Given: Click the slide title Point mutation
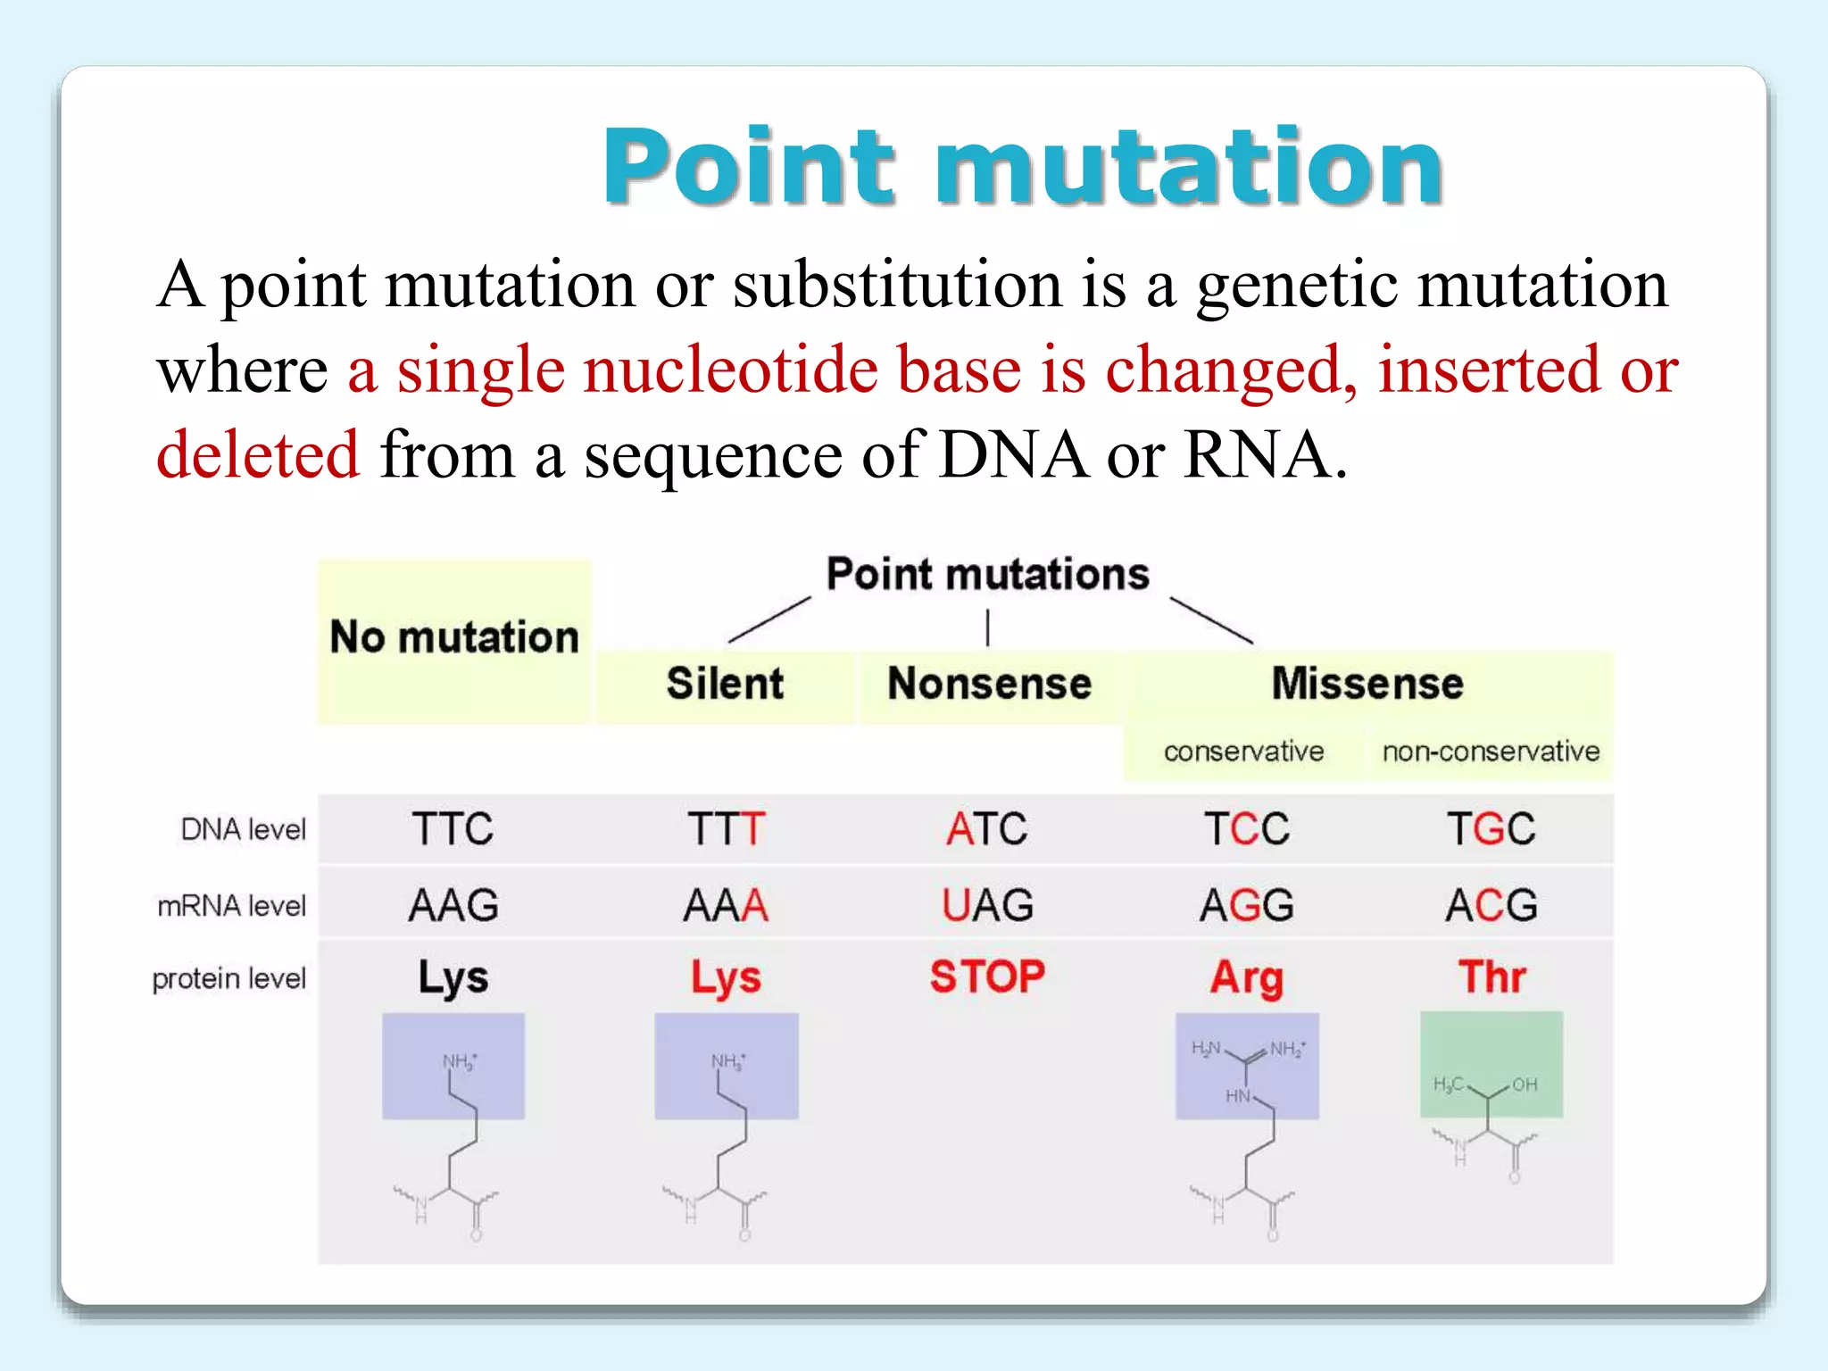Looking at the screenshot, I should click(x=1022, y=167).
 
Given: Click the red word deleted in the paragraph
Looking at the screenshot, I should click(x=258, y=454).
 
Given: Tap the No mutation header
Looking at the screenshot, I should click(x=454, y=638).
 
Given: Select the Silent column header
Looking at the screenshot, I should click(x=725, y=684).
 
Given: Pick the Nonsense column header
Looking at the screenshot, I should click(x=989, y=684).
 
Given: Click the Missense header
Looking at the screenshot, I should click(x=1367, y=684).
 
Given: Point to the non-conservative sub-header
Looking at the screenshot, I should click(x=1491, y=752).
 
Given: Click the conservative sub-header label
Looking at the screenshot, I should click(x=1243, y=752).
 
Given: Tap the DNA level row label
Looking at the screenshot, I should click(x=243, y=829).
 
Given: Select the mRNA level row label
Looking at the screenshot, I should click(x=231, y=906).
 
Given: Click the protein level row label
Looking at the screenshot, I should click(x=228, y=979).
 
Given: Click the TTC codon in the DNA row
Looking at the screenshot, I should click(x=453, y=829).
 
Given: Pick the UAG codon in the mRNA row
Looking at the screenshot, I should click(x=987, y=906).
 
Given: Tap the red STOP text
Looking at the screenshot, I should click(x=987, y=976).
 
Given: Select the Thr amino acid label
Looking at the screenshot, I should click(x=1491, y=977).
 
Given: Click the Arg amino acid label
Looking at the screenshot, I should click(x=1247, y=978).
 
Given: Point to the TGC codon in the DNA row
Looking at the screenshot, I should click(x=1491, y=829).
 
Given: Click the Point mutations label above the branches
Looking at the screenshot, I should click(x=987, y=574).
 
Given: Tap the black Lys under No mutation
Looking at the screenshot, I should click(x=453, y=978).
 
